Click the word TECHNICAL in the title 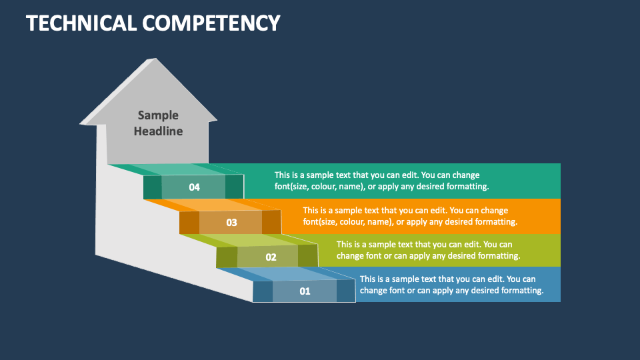pos(81,23)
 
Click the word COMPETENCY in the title pos(211,23)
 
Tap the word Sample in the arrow pos(158,115)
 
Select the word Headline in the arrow pos(159,131)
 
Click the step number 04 pos(194,187)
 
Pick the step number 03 pos(231,223)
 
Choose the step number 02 pos(271,257)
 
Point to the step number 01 pos(305,291)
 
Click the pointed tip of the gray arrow pos(155,59)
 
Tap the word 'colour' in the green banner pos(323,187)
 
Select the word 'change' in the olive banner pos(350,256)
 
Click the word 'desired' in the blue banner pos(485,290)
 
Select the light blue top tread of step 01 pos(287,274)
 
